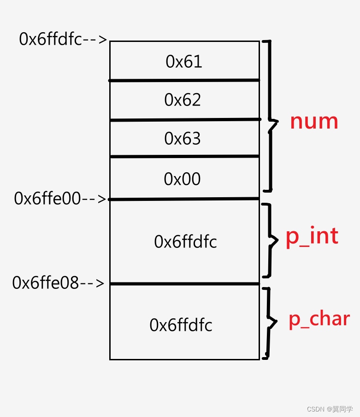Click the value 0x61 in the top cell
click(184, 62)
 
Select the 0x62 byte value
click(183, 100)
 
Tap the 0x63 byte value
click(183, 138)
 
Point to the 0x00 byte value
click(183, 179)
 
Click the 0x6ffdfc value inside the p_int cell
click(185, 241)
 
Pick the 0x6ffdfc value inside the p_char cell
click(181, 325)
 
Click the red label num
click(314, 121)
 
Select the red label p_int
click(312, 236)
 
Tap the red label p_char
click(319, 319)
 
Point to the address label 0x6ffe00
click(47, 199)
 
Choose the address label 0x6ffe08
click(46, 283)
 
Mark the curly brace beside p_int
click(271, 240)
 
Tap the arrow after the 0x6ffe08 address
click(93, 283)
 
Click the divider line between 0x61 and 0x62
click(184, 81)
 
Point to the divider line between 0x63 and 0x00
click(184, 157)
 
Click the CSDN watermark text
click(330, 409)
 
